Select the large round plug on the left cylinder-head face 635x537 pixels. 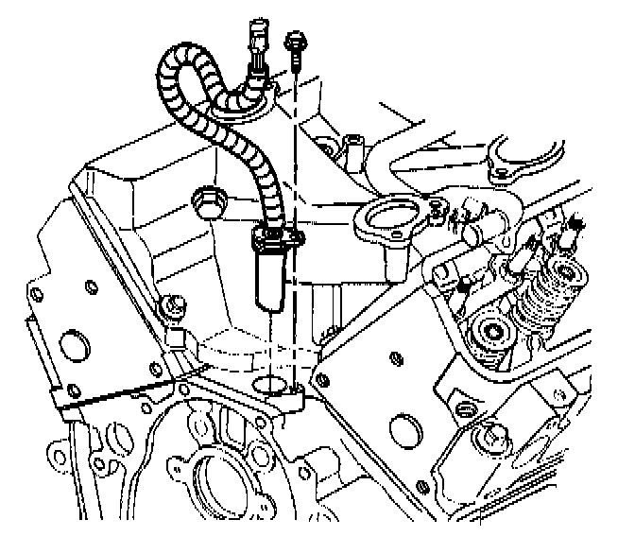tap(70, 347)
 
